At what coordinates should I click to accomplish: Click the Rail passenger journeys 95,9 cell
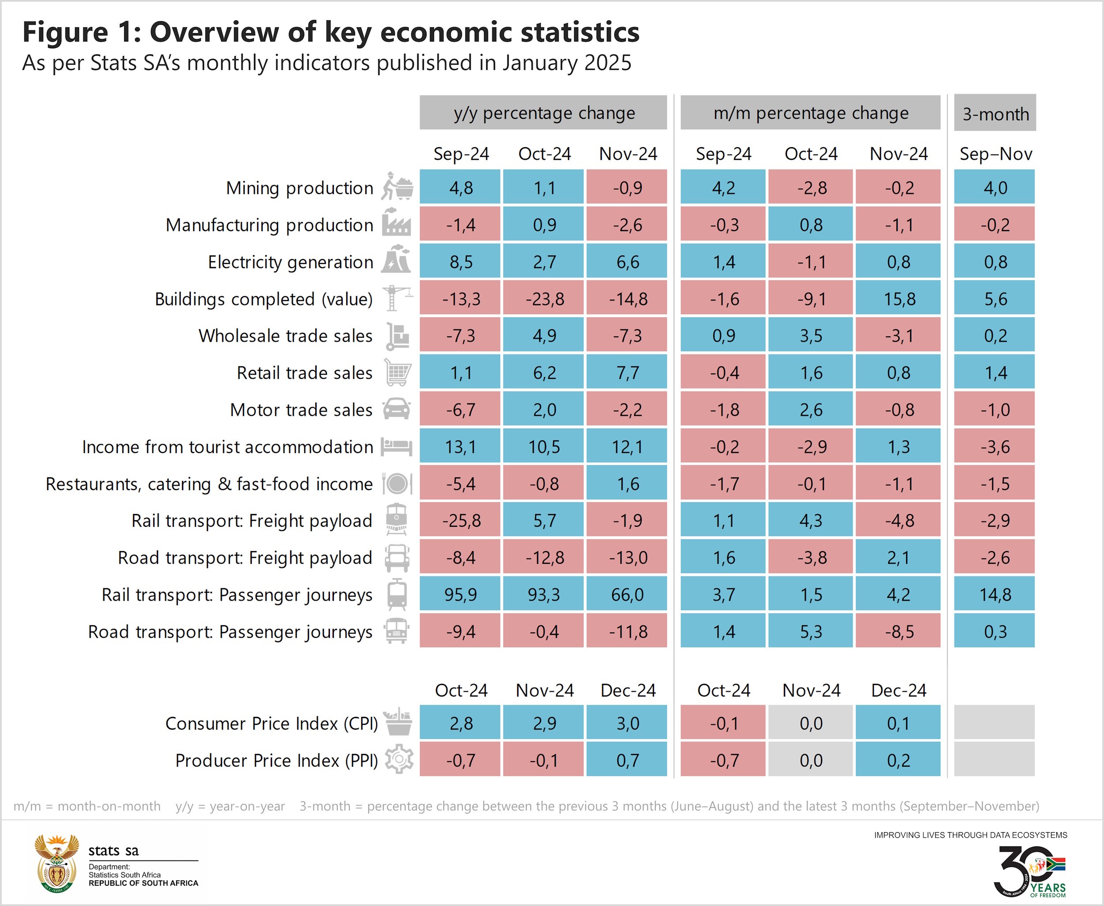[460, 594]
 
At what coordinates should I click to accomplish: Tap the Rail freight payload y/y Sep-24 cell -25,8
[460, 520]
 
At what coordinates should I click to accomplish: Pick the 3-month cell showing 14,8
[994, 594]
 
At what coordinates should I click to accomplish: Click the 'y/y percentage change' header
[544, 113]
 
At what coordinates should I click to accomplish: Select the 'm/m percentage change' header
[810, 113]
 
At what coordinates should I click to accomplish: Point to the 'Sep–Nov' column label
[995, 154]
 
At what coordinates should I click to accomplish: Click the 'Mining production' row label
[299, 188]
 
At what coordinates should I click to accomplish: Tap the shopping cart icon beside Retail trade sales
[397, 373]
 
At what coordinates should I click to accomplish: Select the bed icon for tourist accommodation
[396, 447]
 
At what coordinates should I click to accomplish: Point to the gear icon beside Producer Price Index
[399, 759]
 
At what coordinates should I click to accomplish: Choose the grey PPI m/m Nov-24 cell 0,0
[810, 760]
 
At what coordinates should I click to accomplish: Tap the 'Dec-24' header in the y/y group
[628, 690]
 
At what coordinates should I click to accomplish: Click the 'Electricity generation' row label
[291, 262]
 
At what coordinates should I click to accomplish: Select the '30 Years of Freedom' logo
[1030, 871]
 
